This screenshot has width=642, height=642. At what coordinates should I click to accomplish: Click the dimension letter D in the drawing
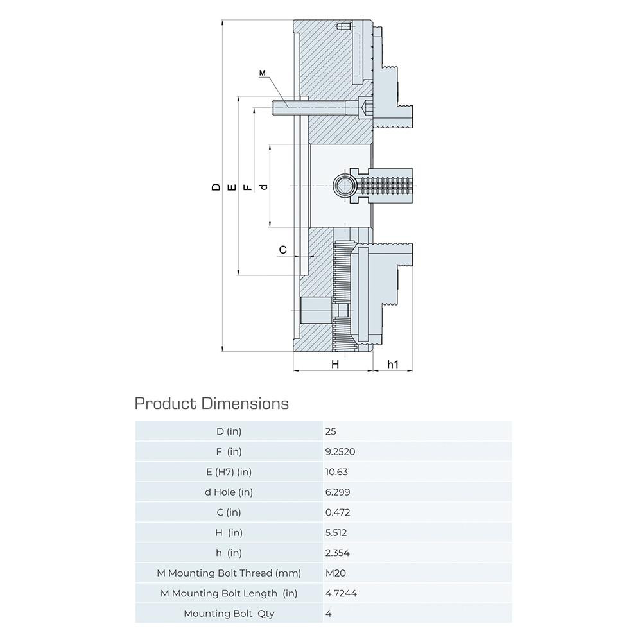pos(216,187)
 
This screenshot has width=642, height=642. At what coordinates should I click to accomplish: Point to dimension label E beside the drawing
pos(232,187)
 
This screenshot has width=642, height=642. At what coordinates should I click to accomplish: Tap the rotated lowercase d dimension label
pos(264,187)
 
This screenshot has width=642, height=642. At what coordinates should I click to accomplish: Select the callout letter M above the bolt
pos(263,73)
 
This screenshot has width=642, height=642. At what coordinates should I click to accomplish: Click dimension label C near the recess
pos(283,249)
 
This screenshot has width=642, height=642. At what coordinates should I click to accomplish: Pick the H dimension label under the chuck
pos(335,364)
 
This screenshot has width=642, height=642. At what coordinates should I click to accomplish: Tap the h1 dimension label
pos(393,364)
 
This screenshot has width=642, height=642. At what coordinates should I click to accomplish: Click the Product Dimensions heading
pos(212,403)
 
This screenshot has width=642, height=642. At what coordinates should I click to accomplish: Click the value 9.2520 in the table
pos(340,451)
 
